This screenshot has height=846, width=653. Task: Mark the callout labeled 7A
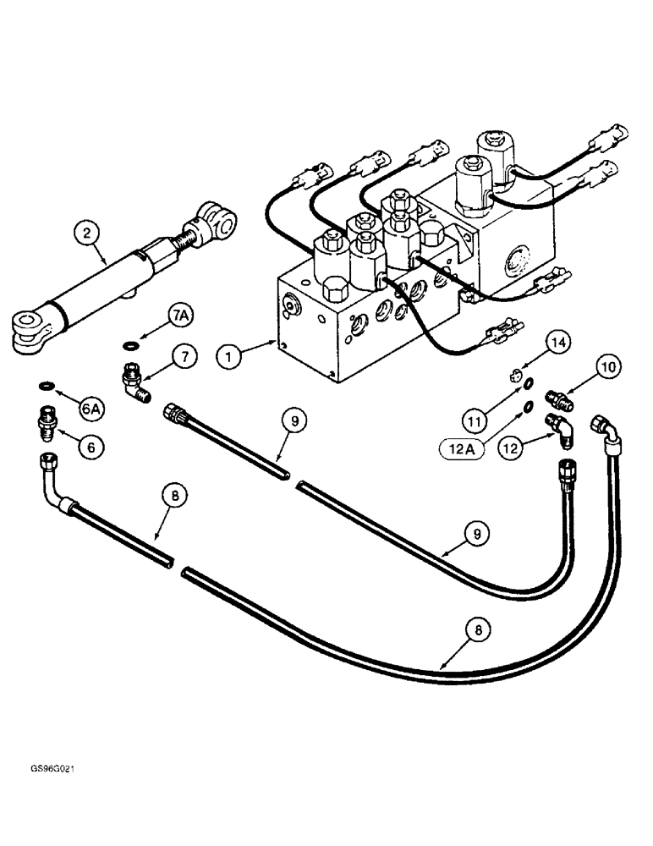[180, 316]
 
